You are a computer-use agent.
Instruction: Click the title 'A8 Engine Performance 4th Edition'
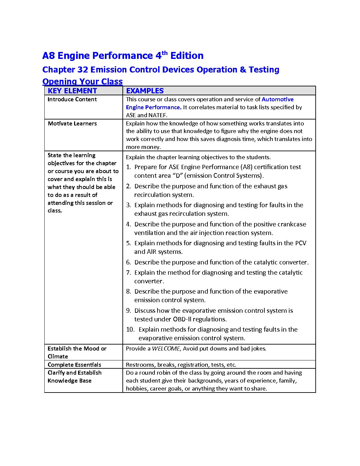tap(123, 56)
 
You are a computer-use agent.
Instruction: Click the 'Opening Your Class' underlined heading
tap(82, 81)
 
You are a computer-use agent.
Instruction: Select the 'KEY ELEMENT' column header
tap(72, 91)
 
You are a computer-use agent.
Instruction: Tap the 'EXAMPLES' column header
tap(145, 91)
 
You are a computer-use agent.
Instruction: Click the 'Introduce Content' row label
tap(72, 99)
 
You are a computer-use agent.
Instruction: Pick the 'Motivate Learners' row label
tap(72, 123)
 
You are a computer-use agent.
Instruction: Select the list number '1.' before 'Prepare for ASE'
tap(128, 167)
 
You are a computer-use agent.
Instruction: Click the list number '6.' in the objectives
tap(128, 262)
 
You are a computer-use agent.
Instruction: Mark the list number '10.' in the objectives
tap(130, 330)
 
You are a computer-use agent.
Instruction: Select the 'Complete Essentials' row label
tap(74, 365)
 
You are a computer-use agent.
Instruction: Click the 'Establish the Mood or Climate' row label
tap(77, 352)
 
